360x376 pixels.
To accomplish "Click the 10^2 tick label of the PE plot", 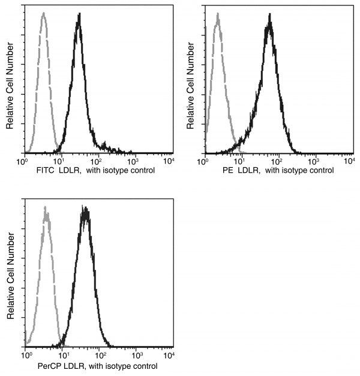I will coord(277,161).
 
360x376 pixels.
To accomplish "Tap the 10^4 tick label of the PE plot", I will coord(349,161).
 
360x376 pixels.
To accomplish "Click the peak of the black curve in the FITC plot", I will coord(79,14).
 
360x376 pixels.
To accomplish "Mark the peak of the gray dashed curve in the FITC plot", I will coord(43,14).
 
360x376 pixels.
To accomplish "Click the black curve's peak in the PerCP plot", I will coord(86,209).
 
